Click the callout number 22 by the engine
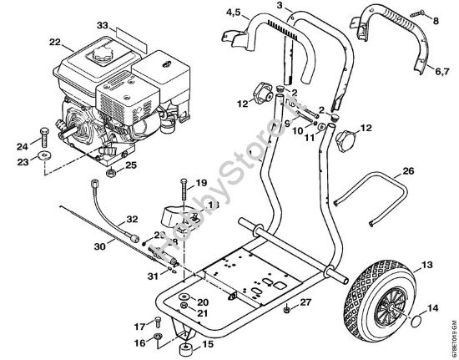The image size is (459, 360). pos(54,42)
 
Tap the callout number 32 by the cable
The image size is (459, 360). pos(131,220)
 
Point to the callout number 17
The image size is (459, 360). pos(139,326)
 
